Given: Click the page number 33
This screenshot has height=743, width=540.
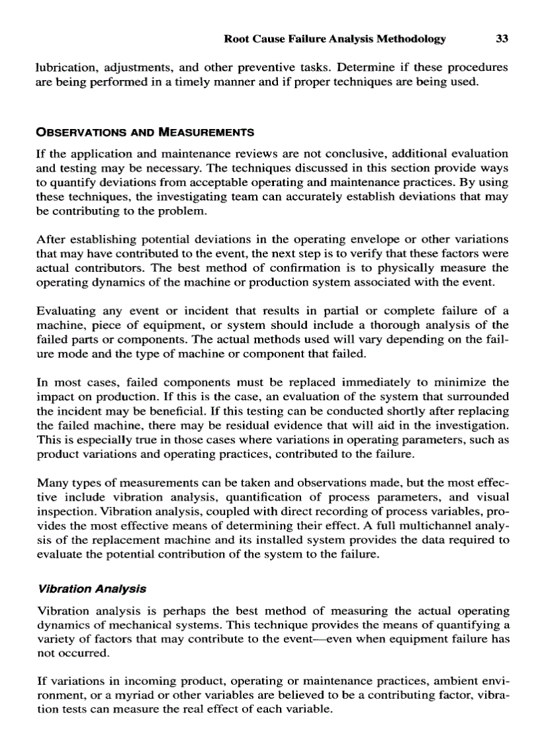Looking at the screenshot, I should click(x=502, y=39).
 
